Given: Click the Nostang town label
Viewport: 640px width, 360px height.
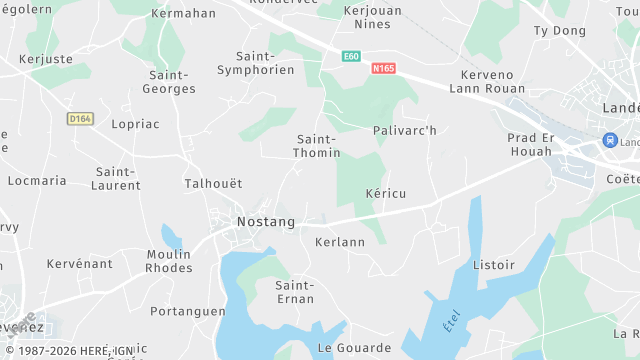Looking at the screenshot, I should click(x=265, y=221).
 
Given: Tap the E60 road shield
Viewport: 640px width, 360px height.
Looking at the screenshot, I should click(x=350, y=56).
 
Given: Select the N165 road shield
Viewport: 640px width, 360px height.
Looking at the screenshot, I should click(x=383, y=69).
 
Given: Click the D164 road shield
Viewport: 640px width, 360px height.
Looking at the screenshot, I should click(x=80, y=119).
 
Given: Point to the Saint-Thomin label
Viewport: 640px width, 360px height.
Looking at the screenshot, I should click(x=317, y=146).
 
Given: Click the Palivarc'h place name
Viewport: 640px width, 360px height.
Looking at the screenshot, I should click(x=405, y=131).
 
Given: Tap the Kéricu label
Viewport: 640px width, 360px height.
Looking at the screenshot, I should click(x=386, y=192).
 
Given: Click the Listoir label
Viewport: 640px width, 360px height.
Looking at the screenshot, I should click(x=494, y=265).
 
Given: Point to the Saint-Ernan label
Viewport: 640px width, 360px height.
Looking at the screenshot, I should click(x=294, y=292).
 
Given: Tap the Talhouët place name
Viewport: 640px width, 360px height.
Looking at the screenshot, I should click(x=213, y=184).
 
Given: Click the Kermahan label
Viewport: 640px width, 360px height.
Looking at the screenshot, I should click(x=183, y=14).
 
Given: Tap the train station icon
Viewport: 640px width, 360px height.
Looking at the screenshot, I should click(x=609, y=141).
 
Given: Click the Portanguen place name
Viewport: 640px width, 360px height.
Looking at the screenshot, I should click(x=188, y=311).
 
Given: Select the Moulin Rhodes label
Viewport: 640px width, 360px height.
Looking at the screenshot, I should click(x=169, y=261).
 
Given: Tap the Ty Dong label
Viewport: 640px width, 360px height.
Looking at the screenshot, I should click(x=560, y=31).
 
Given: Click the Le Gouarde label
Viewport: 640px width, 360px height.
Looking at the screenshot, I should click(x=355, y=348).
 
